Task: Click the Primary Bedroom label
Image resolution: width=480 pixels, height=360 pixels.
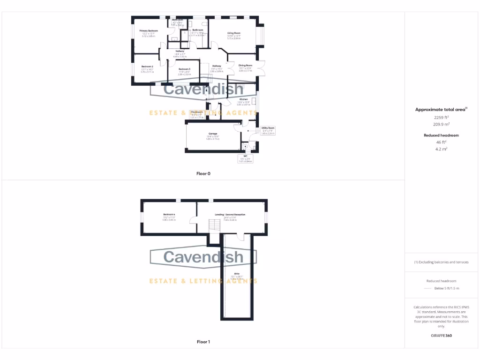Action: click(149, 30)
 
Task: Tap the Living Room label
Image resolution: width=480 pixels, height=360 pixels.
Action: click(234, 33)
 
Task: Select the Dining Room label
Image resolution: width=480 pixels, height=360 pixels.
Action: click(245, 66)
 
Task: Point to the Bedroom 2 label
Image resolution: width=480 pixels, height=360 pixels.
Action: click(147, 67)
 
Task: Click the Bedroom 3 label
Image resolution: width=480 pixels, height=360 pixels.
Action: click(184, 69)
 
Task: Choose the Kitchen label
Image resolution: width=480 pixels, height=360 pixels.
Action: click(244, 100)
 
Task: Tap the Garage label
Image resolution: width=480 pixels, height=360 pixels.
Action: click(213, 134)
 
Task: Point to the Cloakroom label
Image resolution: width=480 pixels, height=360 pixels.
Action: click(197, 112)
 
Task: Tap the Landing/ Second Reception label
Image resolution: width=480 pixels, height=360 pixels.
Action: click(230, 215)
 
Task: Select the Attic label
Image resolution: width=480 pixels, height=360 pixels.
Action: click(237, 273)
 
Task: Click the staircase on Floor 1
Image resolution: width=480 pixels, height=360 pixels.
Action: click(213, 227)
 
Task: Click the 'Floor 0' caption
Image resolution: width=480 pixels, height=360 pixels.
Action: click(203, 173)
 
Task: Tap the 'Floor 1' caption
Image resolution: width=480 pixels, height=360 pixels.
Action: click(203, 342)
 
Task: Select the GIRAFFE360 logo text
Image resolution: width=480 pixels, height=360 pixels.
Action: click(442, 336)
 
